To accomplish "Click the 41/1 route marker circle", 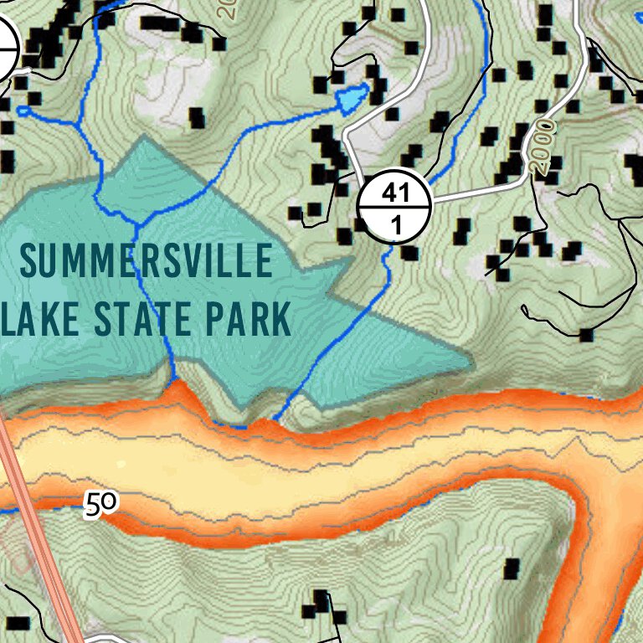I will (x=394, y=208).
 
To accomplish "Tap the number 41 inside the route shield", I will (x=394, y=194).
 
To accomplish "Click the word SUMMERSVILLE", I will (x=147, y=262).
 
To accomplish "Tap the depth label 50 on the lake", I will (x=101, y=503).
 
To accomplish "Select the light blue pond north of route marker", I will (x=352, y=99).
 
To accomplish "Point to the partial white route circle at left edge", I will (x=7, y=49).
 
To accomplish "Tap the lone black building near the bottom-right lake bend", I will (x=512, y=569).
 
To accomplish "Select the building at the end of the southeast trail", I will (x=586, y=336).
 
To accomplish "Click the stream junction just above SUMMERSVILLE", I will (x=136, y=224).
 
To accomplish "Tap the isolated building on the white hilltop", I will (x=198, y=117).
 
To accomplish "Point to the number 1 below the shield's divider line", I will (x=394, y=224).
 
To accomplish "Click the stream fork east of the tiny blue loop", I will (x=80, y=126).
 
